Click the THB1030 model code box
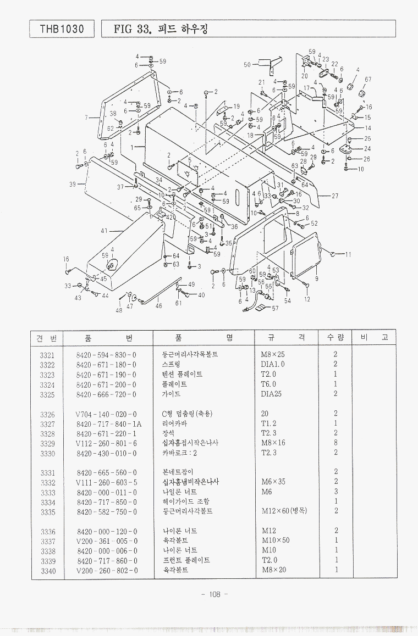(62, 29)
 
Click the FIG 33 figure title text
(160, 29)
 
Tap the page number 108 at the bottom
(211, 595)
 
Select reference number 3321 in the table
(47, 355)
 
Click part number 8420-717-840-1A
(108, 424)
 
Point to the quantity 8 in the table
(335, 444)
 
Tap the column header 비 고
(373, 337)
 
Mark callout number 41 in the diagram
(104, 231)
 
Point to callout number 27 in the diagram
(335, 196)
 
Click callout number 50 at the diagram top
(247, 65)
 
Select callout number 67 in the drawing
(368, 80)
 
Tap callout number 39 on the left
(72, 185)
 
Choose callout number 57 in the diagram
(275, 308)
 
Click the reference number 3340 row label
(47, 571)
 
